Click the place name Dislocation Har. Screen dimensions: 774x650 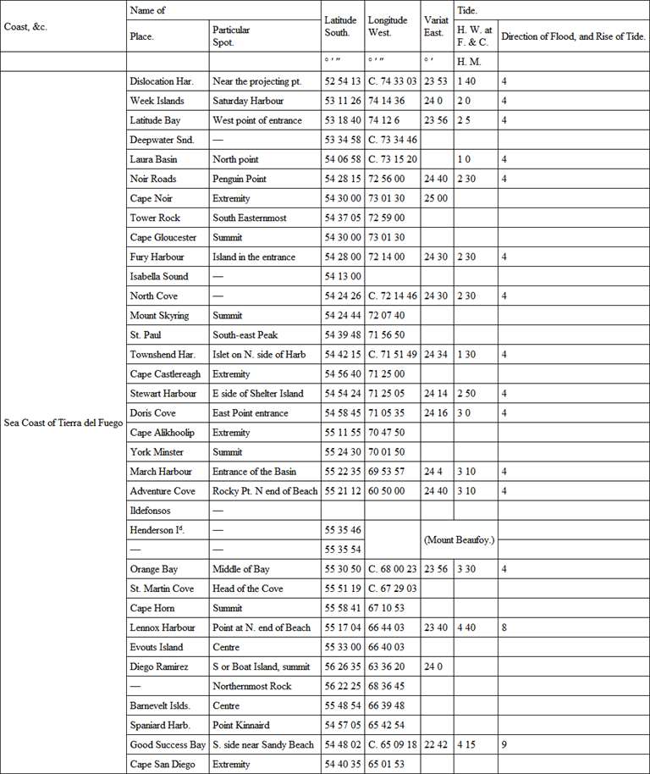[x=162, y=81]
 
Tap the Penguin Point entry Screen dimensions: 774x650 [x=240, y=179]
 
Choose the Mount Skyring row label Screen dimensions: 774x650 [x=159, y=316]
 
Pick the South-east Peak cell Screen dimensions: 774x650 [x=245, y=335]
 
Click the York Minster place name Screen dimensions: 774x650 [x=157, y=452]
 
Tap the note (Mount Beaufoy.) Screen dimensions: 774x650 [x=457, y=539]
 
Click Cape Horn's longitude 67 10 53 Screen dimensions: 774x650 [x=388, y=608]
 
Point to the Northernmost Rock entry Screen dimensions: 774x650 [x=252, y=686]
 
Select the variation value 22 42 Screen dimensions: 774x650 [x=437, y=745]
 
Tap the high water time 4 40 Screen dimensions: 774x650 [x=466, y=627]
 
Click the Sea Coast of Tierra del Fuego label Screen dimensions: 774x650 [x=63, y=412]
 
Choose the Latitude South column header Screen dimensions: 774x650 [x=342, y=26]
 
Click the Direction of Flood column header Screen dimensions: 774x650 [x=573, y=36]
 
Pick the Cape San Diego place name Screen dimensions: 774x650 [x=162, y=765]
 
